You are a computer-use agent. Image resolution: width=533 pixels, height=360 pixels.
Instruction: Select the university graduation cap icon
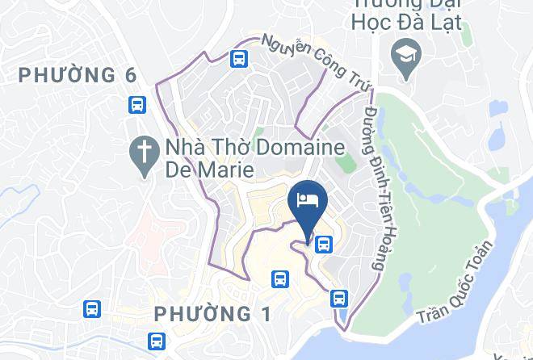coord(401,56)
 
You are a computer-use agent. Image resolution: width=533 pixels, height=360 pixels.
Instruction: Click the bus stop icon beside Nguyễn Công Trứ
coord(238,58)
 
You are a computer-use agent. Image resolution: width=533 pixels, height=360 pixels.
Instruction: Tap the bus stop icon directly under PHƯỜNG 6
coord(136,104)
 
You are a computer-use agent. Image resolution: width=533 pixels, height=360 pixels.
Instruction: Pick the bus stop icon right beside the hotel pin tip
coord(323,242)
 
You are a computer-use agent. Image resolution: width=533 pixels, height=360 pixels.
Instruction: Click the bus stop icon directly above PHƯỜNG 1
coord(280,278)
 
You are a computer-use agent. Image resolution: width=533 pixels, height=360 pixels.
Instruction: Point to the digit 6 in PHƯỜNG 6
coord(131,75)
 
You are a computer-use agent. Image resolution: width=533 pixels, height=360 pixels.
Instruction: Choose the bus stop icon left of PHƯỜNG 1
coord(92,308)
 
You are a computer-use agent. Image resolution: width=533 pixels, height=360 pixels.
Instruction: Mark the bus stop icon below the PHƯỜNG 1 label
coord(157,340)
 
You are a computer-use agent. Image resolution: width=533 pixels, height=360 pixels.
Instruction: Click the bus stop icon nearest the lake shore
coord(338,298)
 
